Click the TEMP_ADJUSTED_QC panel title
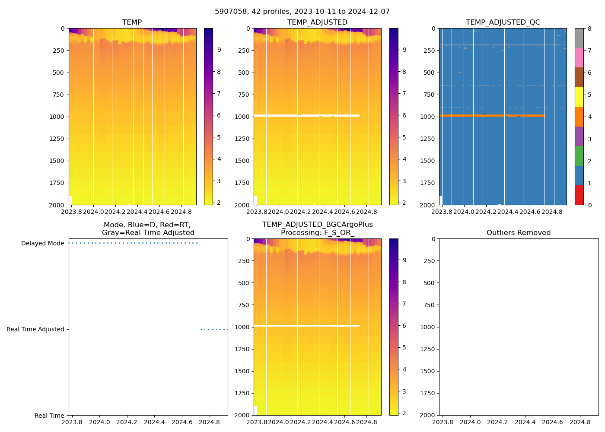pyautogui.click(x=503, y=22)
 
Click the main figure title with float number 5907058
pyautogui.click(x=302, y=12)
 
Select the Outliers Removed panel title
pyautogui.click(x=518, y=232)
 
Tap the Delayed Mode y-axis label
pyautogui.click(x=42, y=243)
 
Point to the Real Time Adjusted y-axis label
pyautogui.click(x=35, y=329)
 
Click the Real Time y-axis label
pyautogui.click(x=49, y=416)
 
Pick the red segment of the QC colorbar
pyautogui.click(x=579, y=195)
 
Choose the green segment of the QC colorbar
pyautogui.click(x=579, y=156)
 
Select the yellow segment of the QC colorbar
pyautogui.click(x=579, y=97)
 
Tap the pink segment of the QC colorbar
pyautogui.click(x=579, y=57)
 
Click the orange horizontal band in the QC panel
pyautogui.click(x=491, y=115)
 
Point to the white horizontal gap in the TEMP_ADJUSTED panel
pyautogui.click(x=306, y=115)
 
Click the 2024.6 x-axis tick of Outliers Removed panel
pyautogui.click(x=552, y=422)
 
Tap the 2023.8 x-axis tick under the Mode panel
pyautogui.click(x=72, y=422)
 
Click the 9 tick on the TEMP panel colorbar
pyautogui.click(x=219, y=50)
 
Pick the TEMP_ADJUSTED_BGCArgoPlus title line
pyautogui.click(x=317, y=225)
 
